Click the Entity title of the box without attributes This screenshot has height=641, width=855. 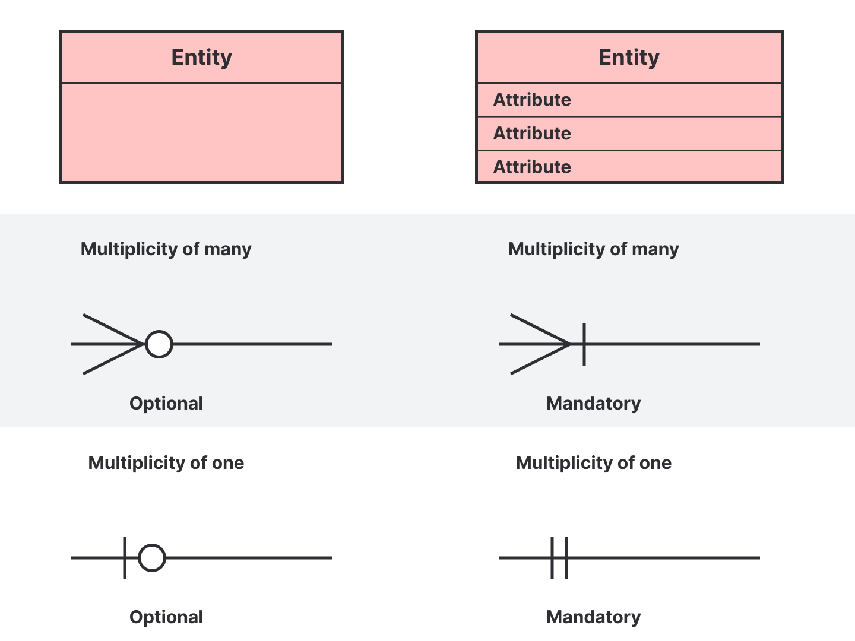coord(202,58)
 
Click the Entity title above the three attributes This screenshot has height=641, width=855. coord(629,58)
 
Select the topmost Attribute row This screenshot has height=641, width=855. coord(629,100)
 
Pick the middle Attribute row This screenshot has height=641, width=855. coord(629,134)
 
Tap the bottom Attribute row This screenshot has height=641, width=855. coord(629,166)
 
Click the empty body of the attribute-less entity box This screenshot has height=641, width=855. coord(202,132)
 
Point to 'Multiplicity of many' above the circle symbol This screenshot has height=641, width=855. coord(166,249)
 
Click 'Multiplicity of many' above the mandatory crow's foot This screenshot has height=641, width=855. coord(593,249)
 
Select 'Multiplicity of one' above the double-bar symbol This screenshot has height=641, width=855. coord(593,463)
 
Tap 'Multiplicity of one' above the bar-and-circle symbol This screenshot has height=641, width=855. coord(166,463)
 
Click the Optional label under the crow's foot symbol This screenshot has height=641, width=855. coord(166,403)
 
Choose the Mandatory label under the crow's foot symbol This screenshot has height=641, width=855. coord(593,403)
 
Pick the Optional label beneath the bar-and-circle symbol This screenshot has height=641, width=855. coord(166,617)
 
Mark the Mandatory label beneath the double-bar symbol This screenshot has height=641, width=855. coord(593,617)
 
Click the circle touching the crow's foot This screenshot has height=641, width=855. coord(159,331)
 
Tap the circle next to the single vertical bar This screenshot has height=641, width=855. coord(152,544)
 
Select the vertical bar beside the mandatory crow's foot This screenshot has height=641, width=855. coord(584,344)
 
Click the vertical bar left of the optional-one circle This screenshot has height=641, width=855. coord(125,558)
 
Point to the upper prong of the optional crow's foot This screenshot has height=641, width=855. coord(113,329)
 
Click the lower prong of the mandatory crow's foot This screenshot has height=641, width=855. coord(540,359)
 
